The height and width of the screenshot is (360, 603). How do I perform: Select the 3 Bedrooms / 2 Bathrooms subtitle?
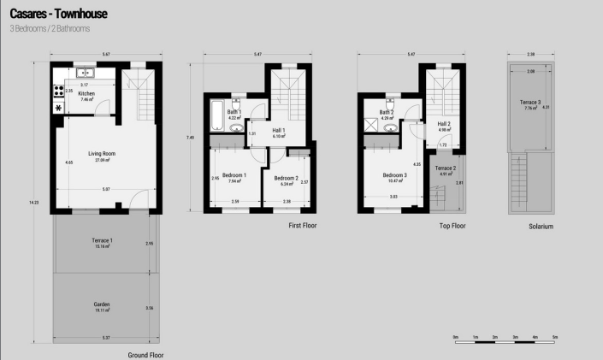(x=50, y=29)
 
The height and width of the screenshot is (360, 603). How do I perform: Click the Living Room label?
(x=102, y=154)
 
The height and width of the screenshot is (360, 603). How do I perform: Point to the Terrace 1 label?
(x=103, y=241)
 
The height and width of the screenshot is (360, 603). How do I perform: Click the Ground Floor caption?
(x=145, y=354)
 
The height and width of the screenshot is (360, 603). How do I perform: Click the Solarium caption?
(x=541, y=227)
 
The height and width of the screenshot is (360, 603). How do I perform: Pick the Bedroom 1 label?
(x=234, y=175)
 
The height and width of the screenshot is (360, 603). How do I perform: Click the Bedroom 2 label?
(x=286, y=179)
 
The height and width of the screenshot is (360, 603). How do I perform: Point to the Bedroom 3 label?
(x=395, y=176)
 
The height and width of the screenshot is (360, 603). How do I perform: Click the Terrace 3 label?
(x=530, y=103)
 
